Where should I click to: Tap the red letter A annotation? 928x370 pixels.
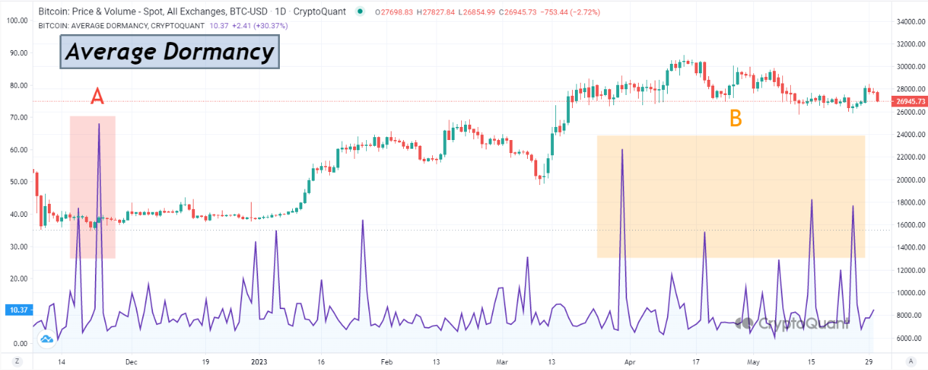(x=98, y=96)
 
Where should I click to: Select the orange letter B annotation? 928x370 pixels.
(x=735, y=119)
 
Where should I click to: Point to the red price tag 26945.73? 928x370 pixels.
(x=909, y=102)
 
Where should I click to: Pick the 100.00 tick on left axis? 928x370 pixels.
(x=16, y=20)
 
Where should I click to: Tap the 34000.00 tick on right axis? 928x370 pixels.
(x=908, y=22)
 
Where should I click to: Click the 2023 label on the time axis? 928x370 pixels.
(x=259, y=361)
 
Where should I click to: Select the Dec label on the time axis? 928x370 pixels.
(x=131, y=361)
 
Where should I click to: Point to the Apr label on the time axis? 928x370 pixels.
(x=629, y=361)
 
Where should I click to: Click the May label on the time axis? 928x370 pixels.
(x=754, y=361)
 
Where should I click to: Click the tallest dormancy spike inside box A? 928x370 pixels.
(x=99, y=125)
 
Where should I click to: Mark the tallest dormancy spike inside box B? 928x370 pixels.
(x=622, y=149)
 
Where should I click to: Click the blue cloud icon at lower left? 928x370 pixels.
(x=47, y=338)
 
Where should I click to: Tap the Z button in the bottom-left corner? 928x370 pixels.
(x=17, y=361)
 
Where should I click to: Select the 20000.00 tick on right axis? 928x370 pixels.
(x=908, y=180)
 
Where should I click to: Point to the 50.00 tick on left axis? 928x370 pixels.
(x=17, y=182)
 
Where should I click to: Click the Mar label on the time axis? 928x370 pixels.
(x=505, y=361)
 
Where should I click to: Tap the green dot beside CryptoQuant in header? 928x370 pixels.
(x=360, y=12)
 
